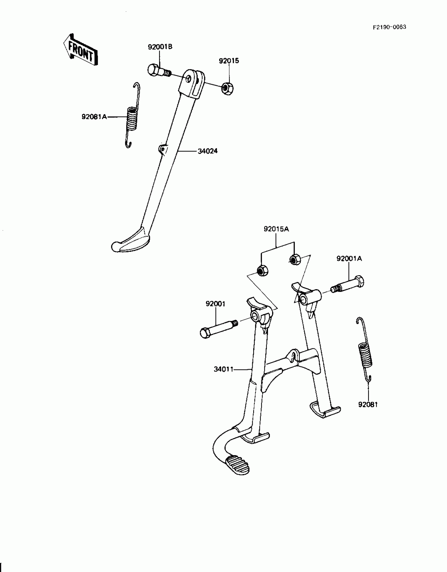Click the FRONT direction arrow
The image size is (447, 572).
80,50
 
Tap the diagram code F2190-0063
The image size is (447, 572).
389,27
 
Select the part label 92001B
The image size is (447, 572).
160,47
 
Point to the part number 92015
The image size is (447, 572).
229,61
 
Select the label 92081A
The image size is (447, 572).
94,117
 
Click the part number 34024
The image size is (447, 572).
207,151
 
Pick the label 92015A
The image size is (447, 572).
276,229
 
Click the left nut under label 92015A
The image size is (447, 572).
262,270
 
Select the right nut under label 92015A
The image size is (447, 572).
294,259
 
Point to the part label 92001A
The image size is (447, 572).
349,259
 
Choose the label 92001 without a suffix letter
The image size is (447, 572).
215,304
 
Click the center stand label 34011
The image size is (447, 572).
223,369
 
